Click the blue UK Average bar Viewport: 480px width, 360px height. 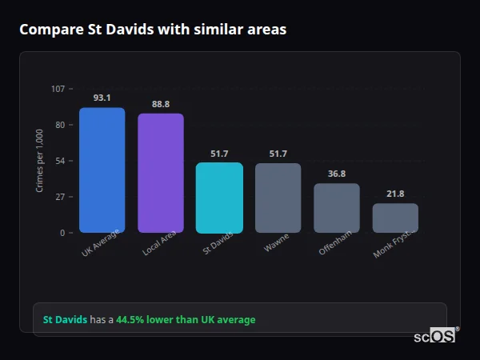[102, 170]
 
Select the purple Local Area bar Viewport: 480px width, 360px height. [161, 173]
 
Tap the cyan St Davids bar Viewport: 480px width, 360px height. [219, 198]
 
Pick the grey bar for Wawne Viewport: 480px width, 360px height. [278, 198]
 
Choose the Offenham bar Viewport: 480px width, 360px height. [336, 208]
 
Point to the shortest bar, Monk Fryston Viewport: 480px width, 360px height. [395, 218]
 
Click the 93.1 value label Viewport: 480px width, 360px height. [102, 98]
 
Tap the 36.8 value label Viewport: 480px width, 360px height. [337, 174]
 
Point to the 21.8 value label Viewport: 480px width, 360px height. [395, 194]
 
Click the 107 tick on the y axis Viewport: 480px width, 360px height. [58, 89]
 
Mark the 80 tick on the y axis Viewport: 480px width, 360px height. [60, 125]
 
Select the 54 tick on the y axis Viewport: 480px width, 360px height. [60, 161]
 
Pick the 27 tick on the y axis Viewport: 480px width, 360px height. [60, 197]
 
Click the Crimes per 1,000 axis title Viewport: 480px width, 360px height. [40, 160]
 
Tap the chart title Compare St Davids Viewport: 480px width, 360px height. [153, 30]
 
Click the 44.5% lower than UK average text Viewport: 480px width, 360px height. [186, 320]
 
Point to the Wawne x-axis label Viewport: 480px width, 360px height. [276, 243]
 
